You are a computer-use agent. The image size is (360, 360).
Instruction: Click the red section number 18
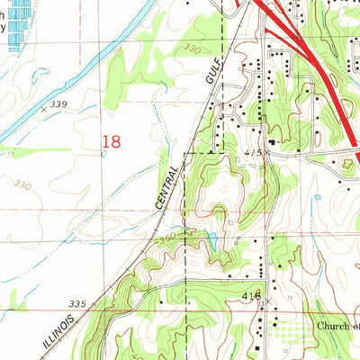click(112, 140)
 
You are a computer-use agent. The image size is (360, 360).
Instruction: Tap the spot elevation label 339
click(59, 105)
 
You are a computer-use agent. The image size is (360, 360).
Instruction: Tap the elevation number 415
click(254, 154)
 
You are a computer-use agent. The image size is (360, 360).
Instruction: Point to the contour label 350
click(168, 238)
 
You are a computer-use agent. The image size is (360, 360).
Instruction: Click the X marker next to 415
click(268, 153)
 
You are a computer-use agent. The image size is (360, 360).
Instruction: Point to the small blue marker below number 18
click(107, 154)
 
